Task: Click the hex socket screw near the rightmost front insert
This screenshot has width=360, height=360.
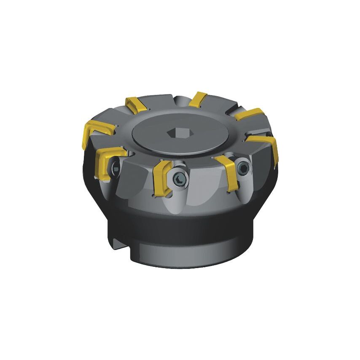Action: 243,168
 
